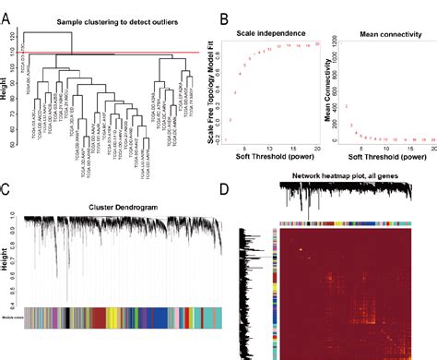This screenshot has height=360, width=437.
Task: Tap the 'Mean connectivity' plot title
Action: point(382,28)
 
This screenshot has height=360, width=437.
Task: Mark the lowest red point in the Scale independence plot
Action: point(257,120)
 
